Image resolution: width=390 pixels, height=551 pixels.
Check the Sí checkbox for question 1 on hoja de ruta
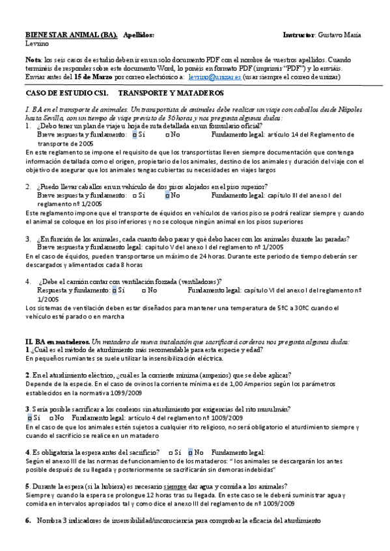pos(134,135)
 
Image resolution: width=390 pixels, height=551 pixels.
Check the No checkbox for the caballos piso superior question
pos(167,194)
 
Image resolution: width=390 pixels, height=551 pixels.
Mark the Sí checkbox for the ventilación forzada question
pos(115,290)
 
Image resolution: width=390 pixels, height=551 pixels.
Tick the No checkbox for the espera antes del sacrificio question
pos(190,452)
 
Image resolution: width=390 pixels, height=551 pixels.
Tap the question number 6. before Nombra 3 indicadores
pos(28,520)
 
